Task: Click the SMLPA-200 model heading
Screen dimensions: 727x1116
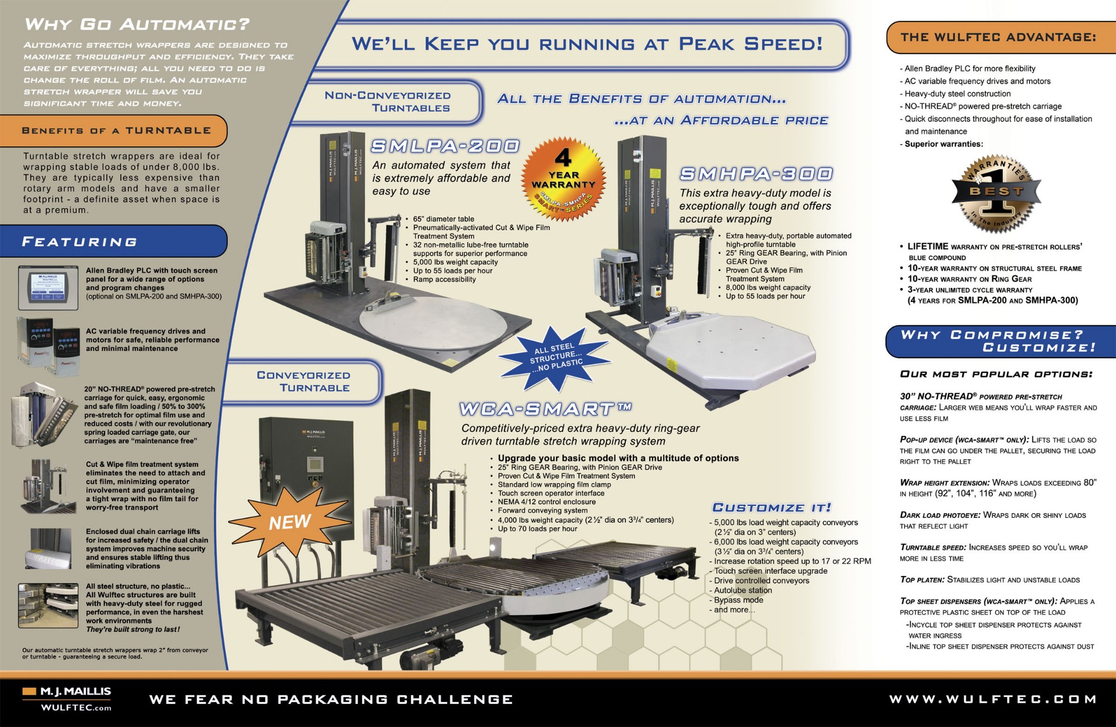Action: (445, 146)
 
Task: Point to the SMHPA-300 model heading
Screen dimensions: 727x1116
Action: (756, 174)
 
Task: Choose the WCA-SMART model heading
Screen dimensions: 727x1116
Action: (545, 409)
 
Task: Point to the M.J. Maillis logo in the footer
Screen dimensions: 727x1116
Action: (67, 699)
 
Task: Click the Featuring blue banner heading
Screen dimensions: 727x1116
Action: (80, 242)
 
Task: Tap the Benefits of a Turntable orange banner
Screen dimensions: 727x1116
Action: (116, 131)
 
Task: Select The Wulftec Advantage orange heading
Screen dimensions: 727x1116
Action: (998, 37)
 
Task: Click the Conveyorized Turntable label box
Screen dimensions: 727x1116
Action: (303, 382)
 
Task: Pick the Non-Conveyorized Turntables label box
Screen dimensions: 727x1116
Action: (388, 102)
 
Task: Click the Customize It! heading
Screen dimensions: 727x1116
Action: (771, 508)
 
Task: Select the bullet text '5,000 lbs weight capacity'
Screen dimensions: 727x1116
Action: (455, 262)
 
